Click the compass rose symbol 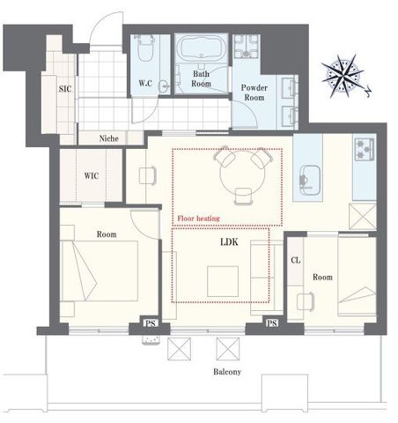pyautogui.click(x=343, y=76)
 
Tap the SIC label pyautogui.click(x=65, y=88)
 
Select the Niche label pyautogui.click(x=109, y=138)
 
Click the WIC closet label pyautogui.click(x=92, y=175)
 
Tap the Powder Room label pyautogui.click(x=254, y=93)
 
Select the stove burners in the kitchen pyautogui.click(x=365, y=149)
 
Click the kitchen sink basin pyautogui.click(x=310, y=180)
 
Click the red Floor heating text pyautogui.click(x=198, y=219)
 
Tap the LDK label pyautogui.click(x=229, y=242)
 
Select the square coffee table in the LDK pyautogui.click(x=223, y=281)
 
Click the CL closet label pyautogui.click(x=296, y=260)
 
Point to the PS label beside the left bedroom pyautogui.click(x=151, y=323)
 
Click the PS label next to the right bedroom pyautogui.click(x=272, y=323)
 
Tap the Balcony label pyautogui.click(x=227, y=372)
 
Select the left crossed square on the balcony pyautogui.click(x=179, y=349)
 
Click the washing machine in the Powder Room pyautogui.click(x=247, y=47)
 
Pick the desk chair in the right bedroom pyautogui.click(x=306, y=301)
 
